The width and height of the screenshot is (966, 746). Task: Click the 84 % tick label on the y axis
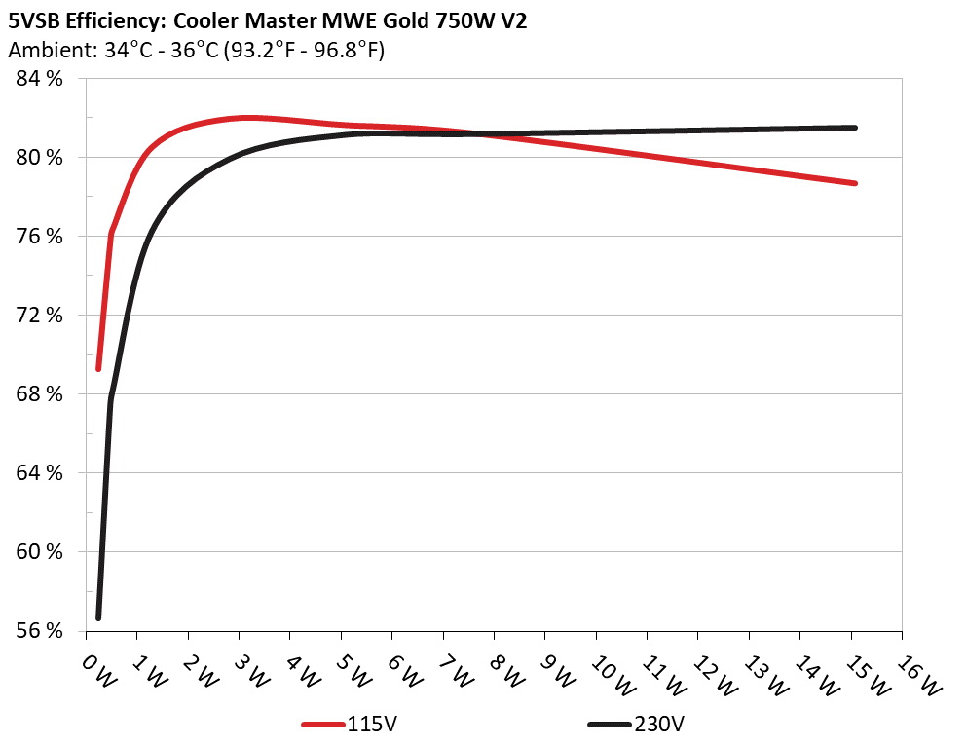pos(40,79)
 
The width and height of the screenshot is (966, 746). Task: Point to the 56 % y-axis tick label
pos(40,631)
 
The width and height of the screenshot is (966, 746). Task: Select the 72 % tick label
pos(40,316)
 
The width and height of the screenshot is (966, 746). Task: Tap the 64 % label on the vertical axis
pos(40,473)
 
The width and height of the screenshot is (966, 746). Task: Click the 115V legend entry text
pos(372,725)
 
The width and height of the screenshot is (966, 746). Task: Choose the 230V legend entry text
pos(658,725)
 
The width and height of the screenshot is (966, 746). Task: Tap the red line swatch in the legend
pos(324,725)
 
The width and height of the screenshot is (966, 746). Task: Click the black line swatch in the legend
pos(611,725)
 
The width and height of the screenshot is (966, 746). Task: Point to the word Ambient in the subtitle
pos(44,50)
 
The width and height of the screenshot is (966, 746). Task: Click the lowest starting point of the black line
pos(98,617)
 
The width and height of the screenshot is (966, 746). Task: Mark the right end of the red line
pos(854,183)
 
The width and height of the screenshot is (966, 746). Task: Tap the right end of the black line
pos(854,128)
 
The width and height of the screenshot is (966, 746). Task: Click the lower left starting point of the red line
pos(98,369)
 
